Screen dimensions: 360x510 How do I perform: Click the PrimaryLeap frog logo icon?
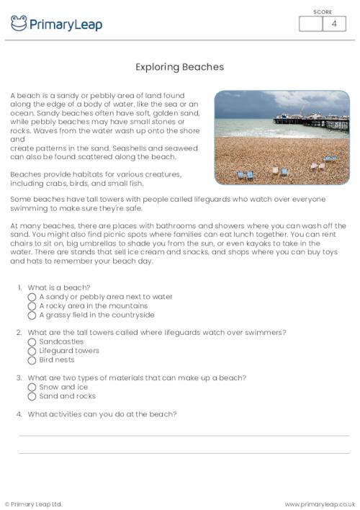19,24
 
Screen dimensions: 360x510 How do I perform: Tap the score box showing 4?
333,24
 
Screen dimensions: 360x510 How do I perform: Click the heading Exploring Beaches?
180,67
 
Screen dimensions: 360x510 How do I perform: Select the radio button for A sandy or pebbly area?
32,297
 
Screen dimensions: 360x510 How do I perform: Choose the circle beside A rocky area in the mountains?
32,306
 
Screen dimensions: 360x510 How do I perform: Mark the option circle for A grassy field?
32,315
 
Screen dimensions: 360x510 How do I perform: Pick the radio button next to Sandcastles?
32,342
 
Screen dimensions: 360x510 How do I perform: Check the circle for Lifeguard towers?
32,351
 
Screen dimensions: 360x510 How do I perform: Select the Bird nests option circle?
32,360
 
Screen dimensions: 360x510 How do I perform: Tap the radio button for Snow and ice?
32,387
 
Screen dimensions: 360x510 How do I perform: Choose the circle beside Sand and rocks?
32,396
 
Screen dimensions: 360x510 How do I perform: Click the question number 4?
19,414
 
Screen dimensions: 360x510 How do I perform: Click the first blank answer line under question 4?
184,435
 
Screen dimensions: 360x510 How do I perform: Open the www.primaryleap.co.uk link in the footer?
320,504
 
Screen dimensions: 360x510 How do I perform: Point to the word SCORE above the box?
323,12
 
